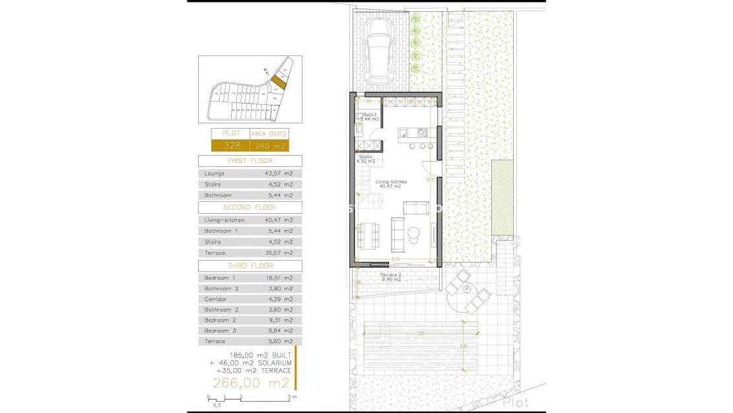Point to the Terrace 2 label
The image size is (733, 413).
(x=392, y=276)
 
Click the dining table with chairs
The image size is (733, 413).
(x=367, y=236)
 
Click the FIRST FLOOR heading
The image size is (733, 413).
(x=250, y=161)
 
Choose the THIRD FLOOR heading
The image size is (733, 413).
(x=250, y=265)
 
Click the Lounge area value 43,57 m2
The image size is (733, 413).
(x=279, y=174)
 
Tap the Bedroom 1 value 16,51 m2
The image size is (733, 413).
(x=279, y=278)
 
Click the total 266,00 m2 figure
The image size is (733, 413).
(x=251, y=383)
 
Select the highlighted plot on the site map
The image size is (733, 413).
(x=279, y=82)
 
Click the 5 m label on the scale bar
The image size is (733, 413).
(x=294, y=397)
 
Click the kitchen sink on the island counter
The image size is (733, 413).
(x=423, y=132)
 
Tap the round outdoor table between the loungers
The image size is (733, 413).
(x=467, y=289)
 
